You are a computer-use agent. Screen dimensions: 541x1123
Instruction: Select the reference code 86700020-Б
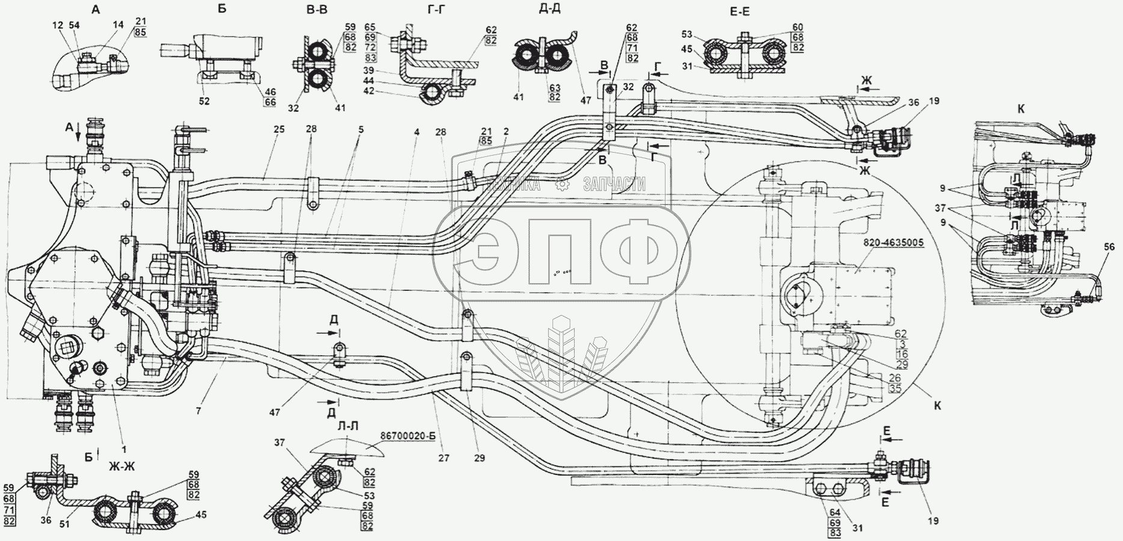pos(412,435)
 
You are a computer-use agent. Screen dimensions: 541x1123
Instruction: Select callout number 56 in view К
pos(1109,245)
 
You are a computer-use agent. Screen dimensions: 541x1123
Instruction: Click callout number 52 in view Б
pos(204,101)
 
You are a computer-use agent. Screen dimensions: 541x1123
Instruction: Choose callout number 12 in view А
pos(58,25)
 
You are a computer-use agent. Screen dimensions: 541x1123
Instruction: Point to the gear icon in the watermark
pos(561,185)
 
